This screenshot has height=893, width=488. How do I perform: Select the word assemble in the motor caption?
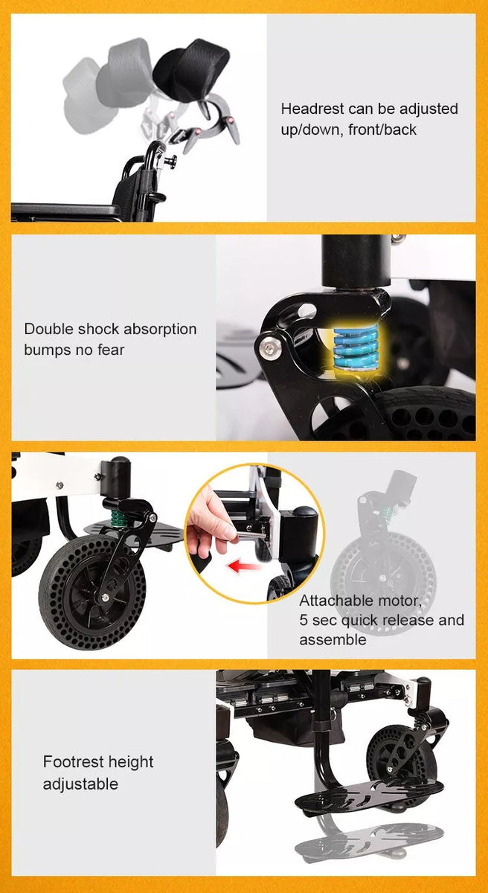(333, 640)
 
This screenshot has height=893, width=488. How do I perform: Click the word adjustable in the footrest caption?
(80, 784)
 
